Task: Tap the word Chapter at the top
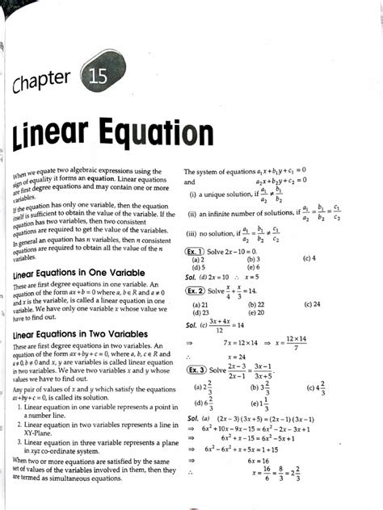click(x=48, y=85)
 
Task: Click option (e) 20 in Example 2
click(x=256, y=312)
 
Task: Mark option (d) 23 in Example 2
click(x=198, y=312)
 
